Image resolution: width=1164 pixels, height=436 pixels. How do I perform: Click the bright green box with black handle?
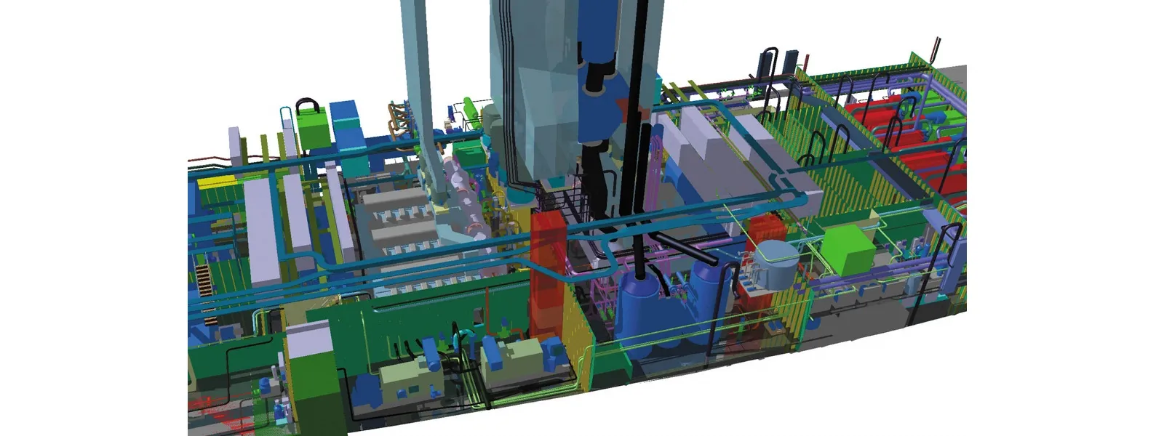point(313,129)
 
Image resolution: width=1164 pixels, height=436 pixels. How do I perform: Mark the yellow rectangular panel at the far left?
point(215,179)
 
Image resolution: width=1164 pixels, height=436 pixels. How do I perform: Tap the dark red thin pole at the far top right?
point(936,47)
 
